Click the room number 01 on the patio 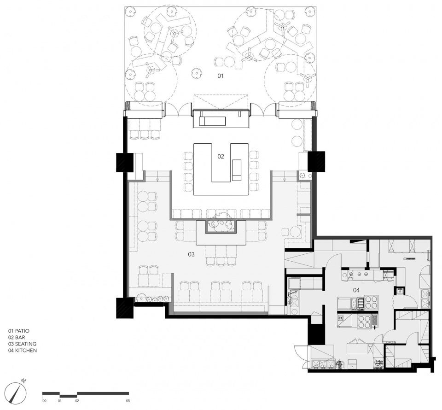tap(221, 76)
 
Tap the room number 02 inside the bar tap(221, 156)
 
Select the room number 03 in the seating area tap(192, 254)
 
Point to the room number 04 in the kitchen tap(356, 290)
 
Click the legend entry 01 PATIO tap(19, 331)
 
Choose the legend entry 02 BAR tap(17, 337)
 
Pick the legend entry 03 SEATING tap(22, 344)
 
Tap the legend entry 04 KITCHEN tap(23, 351)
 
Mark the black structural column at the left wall tap(124, 163)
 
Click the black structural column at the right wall tap(316, 161)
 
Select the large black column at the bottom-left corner tap(125, 308)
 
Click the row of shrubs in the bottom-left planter tap(152, 299)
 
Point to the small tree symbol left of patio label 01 tap(196, 73)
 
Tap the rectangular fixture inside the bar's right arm tap(237, 170)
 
